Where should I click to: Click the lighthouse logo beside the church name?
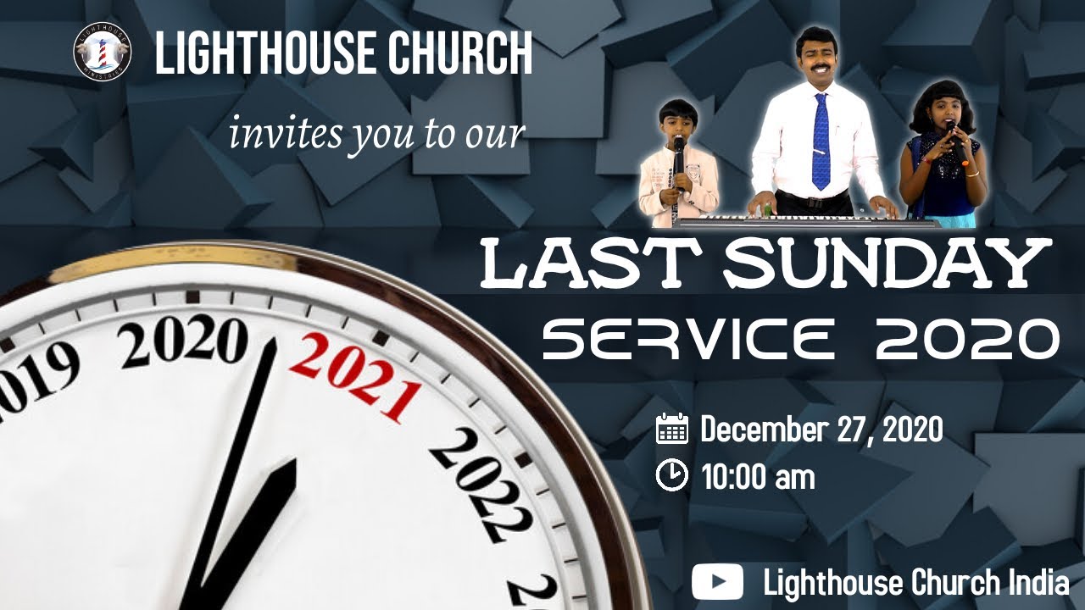[102, 52]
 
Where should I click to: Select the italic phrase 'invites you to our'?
[377, 133]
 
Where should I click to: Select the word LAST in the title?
[593, 264]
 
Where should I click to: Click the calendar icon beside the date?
[672, 429]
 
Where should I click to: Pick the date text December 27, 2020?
[821, 430]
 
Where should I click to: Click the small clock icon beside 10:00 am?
[672, 475]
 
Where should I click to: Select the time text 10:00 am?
[758, 477]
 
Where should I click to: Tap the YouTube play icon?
[717, 583]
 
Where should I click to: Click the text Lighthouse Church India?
[915, 583]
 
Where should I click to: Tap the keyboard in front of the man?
[805, 221]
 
